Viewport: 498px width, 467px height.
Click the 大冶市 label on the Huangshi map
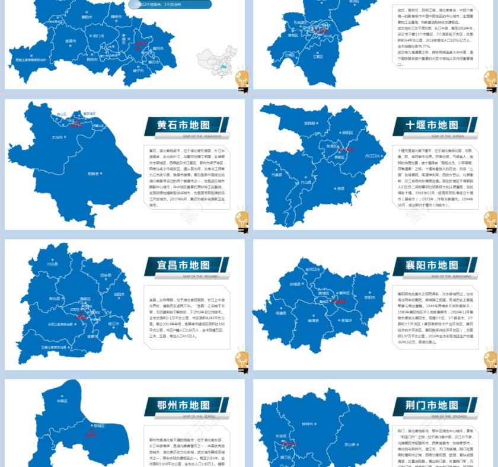57,137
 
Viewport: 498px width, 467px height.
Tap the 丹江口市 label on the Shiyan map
372,155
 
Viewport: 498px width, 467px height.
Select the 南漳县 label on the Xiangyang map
314,321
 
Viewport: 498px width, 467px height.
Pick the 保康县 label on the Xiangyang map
280,313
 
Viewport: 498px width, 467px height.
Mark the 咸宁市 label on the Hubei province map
138,71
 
